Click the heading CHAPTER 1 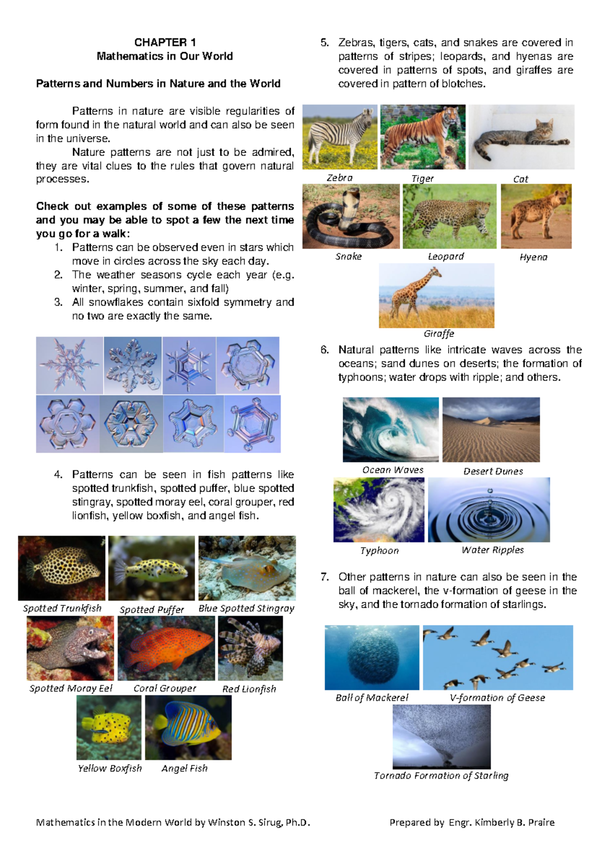click(165, 42)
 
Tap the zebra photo click(340, 137)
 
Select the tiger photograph click(423, 137)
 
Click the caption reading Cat click(520, 179)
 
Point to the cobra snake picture click(351, 216)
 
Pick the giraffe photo click(436, 295)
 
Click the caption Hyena click(533, 257)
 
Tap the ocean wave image click(391, 429)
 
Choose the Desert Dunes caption click(493, 471)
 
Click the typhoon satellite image click(379, 509)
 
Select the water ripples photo click(489, 509)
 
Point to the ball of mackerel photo click(372, 657)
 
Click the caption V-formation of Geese click(497, 698)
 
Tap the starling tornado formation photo click(441, 737)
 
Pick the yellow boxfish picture click(109, 727)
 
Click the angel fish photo click(188, 727)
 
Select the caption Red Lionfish click(249, 689)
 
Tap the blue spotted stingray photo click(247, 568)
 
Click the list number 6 click(325, 350)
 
